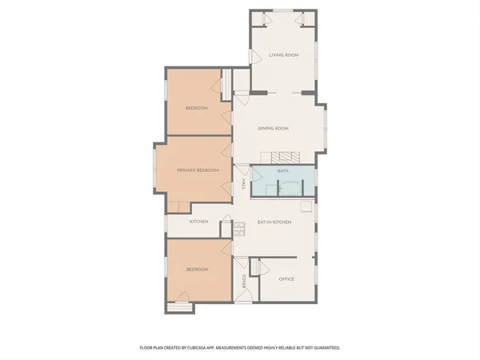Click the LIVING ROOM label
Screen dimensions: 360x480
coord(283,55)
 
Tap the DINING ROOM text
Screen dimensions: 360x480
coord(273,128)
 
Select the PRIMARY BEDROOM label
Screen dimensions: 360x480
coord(198,170)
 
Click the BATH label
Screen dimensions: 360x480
coord(282,171)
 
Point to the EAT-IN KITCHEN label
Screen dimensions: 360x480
coord(274,222)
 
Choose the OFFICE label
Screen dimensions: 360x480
coord(286,279)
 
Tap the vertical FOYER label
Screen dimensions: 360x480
coord(244,282)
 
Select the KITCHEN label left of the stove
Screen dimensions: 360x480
coord(199,222)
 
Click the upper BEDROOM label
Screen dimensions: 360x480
coord(197,108)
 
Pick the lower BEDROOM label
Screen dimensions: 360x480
coord(197,270)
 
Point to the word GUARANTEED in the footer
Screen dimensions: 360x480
coord(323,348)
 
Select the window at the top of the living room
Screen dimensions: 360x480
coord(283,10)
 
